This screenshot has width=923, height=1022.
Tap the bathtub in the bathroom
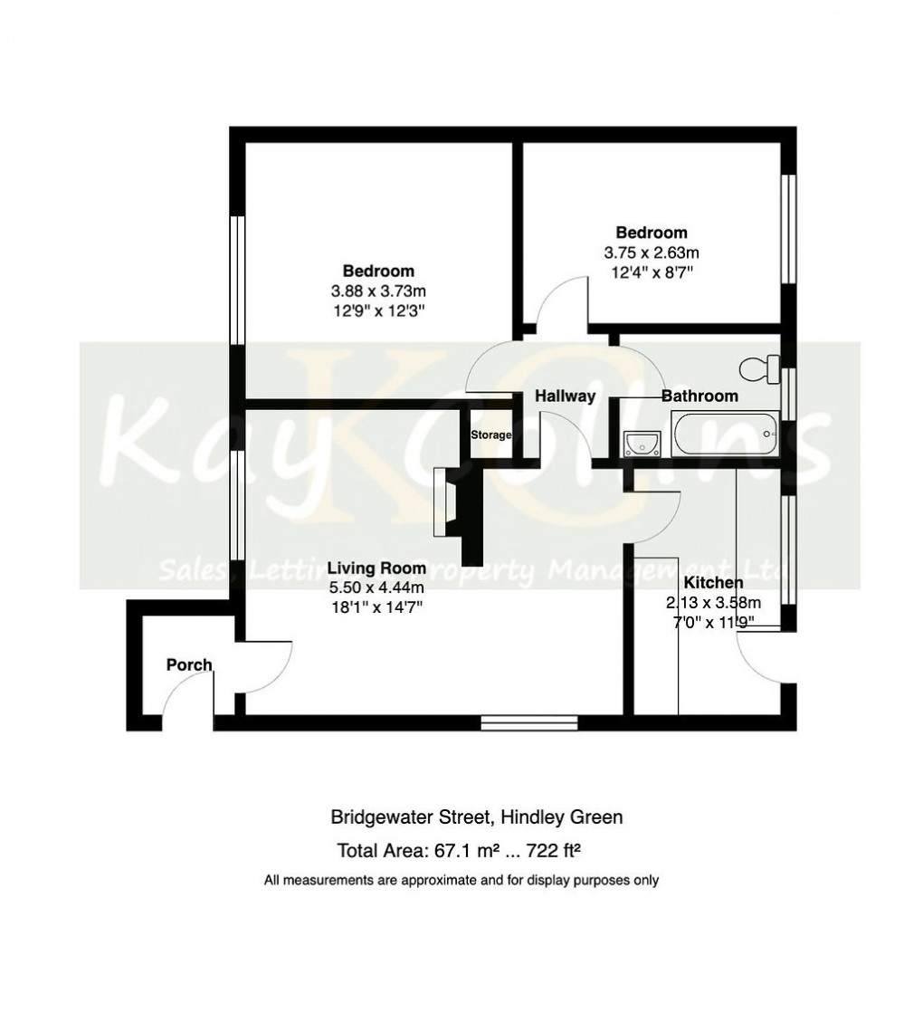pos(724,435)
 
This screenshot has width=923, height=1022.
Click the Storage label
pos(490,435)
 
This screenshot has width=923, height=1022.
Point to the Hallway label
pos(565,396)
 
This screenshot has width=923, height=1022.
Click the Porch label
pos(189,665)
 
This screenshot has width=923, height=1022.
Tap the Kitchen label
pos(713,583)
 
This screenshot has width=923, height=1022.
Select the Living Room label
pos(376,568)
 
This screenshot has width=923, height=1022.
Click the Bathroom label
pos(699,396)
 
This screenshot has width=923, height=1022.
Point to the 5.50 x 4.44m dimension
pos(376,588)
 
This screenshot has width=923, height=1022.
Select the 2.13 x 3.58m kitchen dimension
pos(713,603)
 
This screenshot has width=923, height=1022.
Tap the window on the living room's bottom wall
pos(529,722)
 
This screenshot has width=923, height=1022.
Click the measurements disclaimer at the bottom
pos(461,880)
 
